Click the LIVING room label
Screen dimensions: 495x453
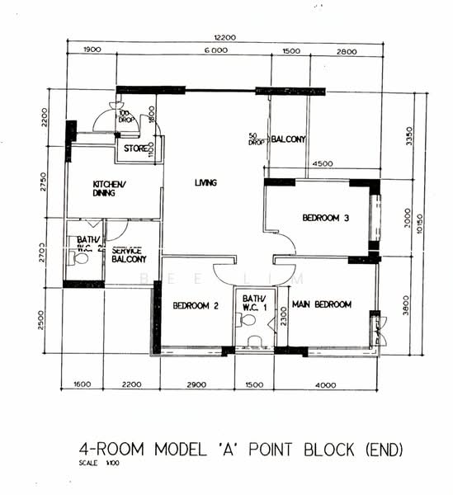coord(205,183)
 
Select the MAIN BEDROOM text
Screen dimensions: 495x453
coord(322,304)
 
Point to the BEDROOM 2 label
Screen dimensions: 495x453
coord(196,305)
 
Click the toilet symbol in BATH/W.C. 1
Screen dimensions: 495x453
coord(252,340)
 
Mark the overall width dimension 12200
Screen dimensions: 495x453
coord(224,38)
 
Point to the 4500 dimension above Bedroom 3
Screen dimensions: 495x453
coord(323,164)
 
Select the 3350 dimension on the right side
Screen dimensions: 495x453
coord(408,134)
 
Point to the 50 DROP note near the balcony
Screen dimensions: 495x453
coord(254,139)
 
